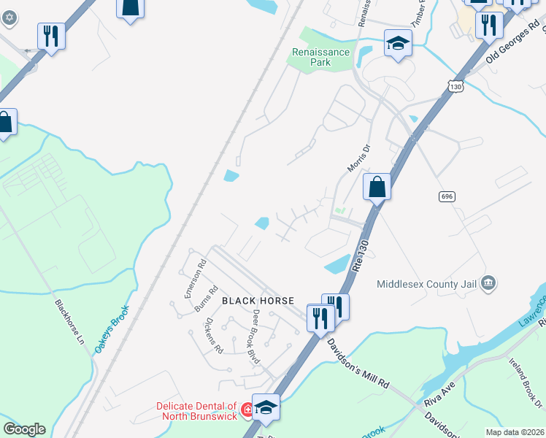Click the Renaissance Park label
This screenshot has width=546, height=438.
click(321, 57)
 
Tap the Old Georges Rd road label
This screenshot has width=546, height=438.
click(514, 44)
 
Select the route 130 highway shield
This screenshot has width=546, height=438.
click(456, 87)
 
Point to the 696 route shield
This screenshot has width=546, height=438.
click(447, 196)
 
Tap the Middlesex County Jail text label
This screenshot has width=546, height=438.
click(427, 284)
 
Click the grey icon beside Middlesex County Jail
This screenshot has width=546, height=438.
click(489, 283)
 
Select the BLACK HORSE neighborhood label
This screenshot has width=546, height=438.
click(258, 301)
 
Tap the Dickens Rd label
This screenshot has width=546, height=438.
click(213, 334)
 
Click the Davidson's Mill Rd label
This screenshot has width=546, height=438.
click(358, 363)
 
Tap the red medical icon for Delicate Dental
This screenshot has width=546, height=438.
click(247, 411)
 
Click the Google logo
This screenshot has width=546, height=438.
click(24, 429)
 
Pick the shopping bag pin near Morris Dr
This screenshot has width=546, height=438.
click(377, 188)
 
